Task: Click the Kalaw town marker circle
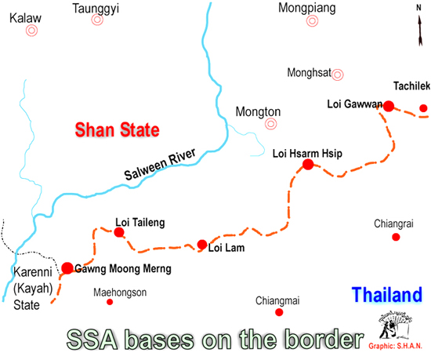[x=31, y=31]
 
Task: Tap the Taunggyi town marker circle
[x=97, y=20]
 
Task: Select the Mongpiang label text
[x=306, y=9]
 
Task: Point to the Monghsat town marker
[x=338, y=75]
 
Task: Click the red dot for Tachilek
[x=423, y=108]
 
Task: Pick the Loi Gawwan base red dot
[x=388, y=106]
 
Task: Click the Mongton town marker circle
[x=271, y=124]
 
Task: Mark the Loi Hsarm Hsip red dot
[x=308, y=165]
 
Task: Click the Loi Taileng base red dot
[x=119, y=232]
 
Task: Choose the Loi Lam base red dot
[x=202, y=245]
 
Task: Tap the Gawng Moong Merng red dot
[x=67, y=268]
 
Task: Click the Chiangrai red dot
[x=397, y=237]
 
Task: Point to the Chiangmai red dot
[x=279, y=313]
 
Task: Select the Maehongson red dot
[x=110, y=302]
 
